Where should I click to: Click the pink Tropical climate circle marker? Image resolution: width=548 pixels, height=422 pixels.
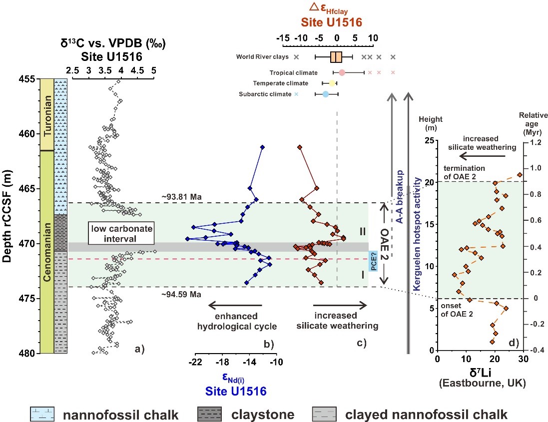coord(342,73)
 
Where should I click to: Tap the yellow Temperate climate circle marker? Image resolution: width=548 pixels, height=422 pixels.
coord(332,83)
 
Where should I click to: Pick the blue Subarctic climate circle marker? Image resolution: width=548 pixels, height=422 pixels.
coord(325,94)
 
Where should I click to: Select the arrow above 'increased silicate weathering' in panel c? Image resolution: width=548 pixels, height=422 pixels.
coord(340,305)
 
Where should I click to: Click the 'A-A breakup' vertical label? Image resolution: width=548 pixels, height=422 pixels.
coord(400,188)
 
